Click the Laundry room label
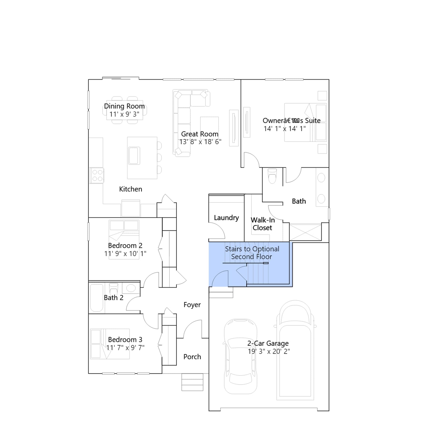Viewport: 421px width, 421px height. coord(226,218)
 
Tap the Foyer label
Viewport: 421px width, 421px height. coord(192,305)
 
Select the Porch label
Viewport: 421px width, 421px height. coord(192,357)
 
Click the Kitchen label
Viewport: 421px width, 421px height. coord(131,189)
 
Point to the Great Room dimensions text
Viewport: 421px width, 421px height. coord(200,142)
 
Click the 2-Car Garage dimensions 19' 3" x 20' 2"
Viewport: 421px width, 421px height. coord(269,351)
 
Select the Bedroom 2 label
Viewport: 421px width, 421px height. coord(125,245)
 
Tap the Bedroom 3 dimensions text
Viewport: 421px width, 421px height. coord(125,348)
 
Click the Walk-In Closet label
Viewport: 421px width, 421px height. coord(263,224)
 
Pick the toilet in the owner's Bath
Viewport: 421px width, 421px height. coord(272,176)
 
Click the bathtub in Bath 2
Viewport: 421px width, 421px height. coord(97,298)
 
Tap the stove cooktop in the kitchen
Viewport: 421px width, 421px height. coord(97,176)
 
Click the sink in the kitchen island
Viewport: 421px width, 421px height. coord(134,156)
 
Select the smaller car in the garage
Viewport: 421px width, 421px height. coord(240,357)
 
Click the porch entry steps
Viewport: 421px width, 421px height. coord(192,382)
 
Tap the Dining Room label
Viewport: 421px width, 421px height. coord(124,106)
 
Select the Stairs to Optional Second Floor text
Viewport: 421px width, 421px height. coord(252,253)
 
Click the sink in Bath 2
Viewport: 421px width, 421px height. coord(131,288)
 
